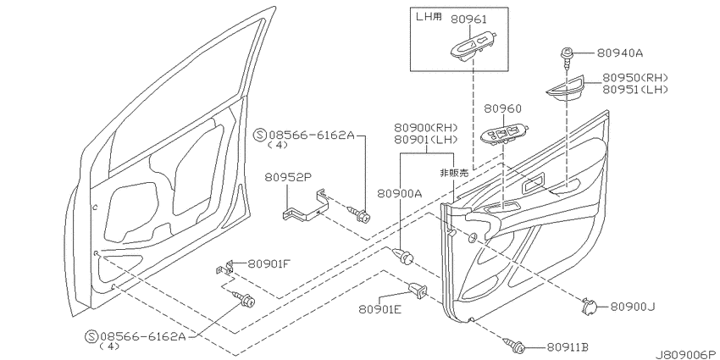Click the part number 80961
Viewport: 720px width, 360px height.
click(x=468, y=19)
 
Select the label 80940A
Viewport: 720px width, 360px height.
click(x=620, y=53)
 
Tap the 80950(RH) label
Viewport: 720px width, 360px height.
click(x=635, y=78)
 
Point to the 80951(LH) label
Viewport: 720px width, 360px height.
click(x=635, y=90)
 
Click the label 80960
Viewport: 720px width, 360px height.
click(x=502, y=108)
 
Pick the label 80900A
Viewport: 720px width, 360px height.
click(x=400, y=194)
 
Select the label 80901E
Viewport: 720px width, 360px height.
click(x=380, y=309)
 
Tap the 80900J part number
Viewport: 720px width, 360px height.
click(x=632, y=307)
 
